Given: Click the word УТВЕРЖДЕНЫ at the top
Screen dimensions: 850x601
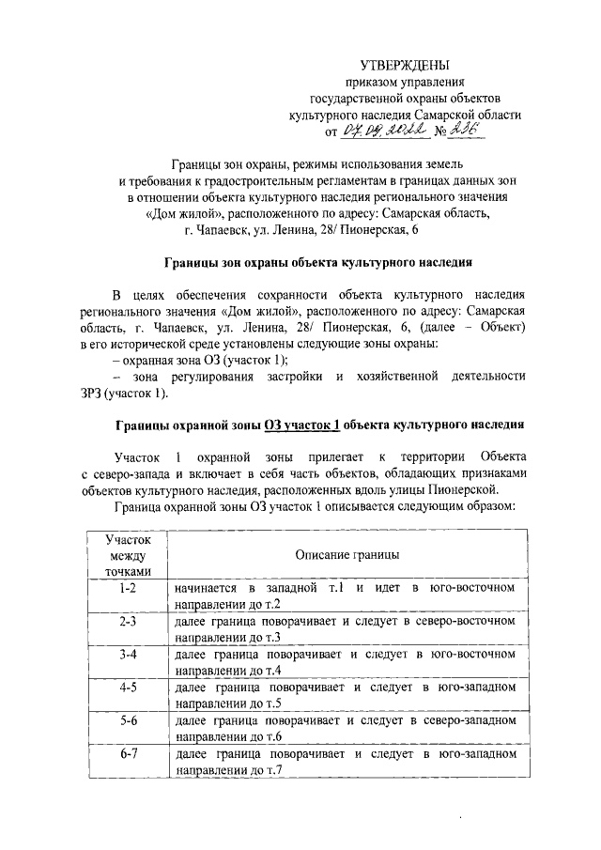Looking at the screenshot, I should [405, 65].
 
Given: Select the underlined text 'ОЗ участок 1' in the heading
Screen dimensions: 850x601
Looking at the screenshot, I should [301, 424].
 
